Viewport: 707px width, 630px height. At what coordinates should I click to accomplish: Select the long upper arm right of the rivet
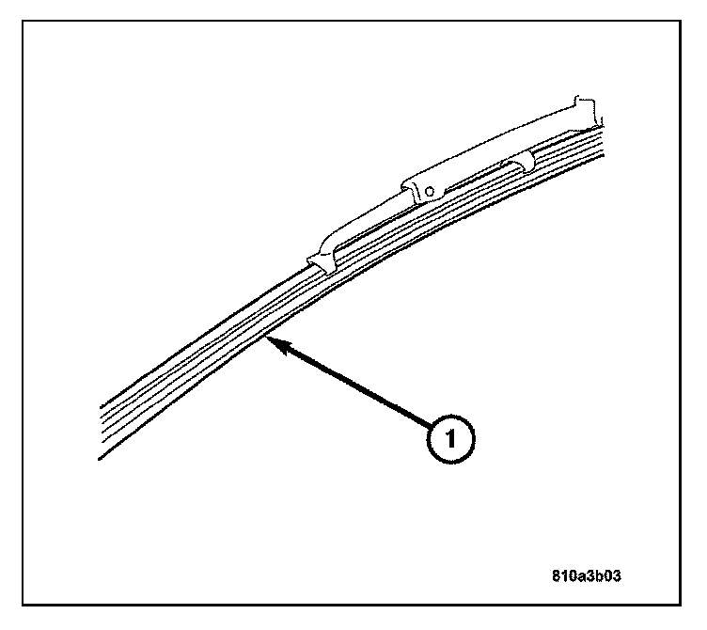click(x=508, y=141)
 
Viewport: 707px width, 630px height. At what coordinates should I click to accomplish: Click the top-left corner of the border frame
click(x=24, y=24)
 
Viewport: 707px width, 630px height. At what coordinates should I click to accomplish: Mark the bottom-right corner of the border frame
click(x=683, y=606)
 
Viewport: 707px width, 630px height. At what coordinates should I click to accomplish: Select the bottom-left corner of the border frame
click(x=24, y=606)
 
